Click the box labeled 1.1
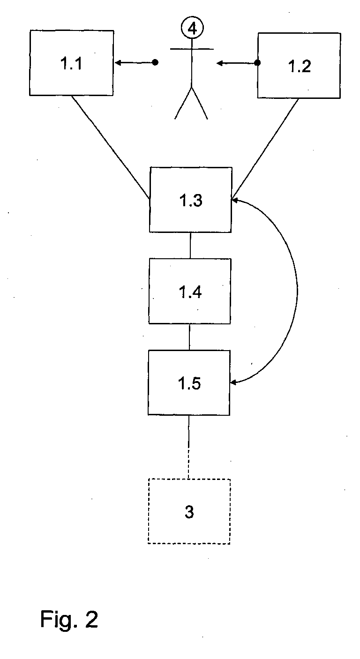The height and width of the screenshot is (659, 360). click(71, 63)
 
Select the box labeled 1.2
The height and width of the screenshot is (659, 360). click(299, 66)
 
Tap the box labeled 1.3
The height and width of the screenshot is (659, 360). click(190, 200)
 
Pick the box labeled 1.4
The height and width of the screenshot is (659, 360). click(189, 291)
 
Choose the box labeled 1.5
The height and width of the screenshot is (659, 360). click(189, 382)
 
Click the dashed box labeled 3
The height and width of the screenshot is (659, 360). click(189, 511)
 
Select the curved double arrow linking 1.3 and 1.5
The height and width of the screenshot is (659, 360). click(297, 291)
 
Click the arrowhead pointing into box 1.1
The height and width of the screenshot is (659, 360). click(118, 62)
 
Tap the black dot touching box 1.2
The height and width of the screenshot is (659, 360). click(257, 63)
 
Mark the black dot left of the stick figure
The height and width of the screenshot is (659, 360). click(155, 62)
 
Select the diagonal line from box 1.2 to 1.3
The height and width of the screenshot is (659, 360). click(265, 149)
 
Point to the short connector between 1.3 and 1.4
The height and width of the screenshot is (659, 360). click(190, 245)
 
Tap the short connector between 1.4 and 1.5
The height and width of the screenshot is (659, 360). click(189, 337)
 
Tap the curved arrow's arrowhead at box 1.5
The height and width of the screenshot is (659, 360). click(233, 382)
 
